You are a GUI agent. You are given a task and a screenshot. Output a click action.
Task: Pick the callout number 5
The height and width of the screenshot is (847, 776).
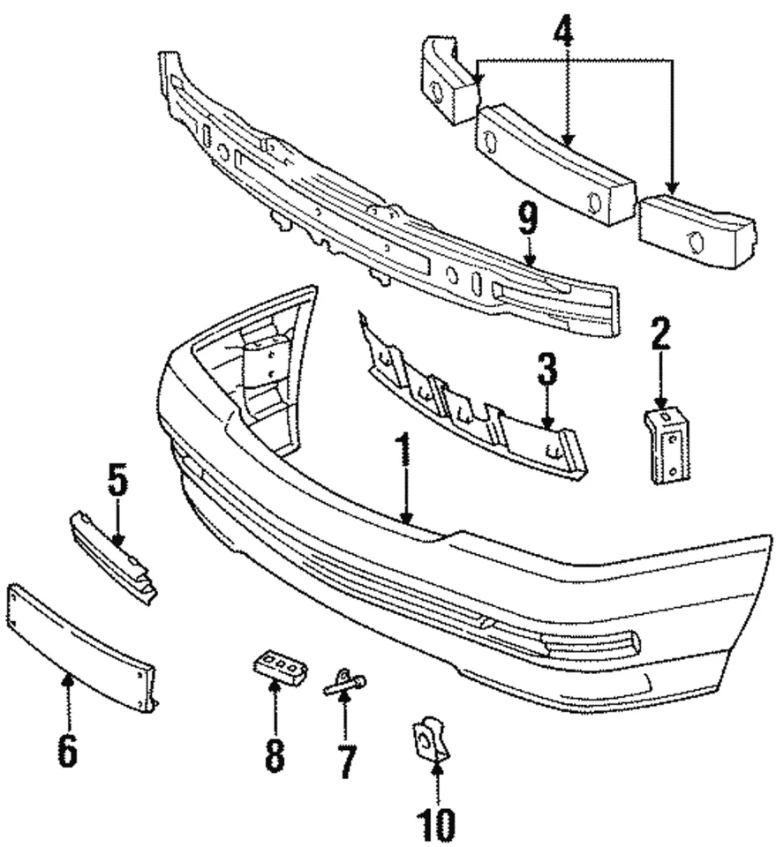117,480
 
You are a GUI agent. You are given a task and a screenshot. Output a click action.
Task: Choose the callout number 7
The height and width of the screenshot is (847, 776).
345,760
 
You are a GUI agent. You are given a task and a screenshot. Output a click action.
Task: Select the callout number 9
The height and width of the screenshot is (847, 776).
527,219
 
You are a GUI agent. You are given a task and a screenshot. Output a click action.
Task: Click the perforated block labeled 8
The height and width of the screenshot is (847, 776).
280,666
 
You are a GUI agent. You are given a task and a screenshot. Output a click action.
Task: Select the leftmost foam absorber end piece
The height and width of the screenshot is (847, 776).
448,80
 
